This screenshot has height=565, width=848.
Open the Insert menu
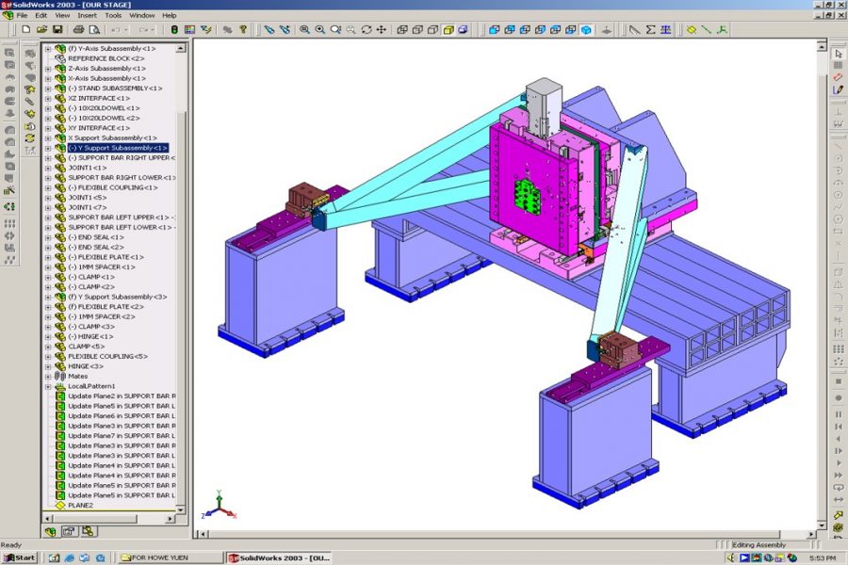click(x=88, y=16)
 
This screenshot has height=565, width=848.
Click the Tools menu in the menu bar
click(x=113, y=16)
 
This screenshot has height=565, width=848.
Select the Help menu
click(x=170, y=16)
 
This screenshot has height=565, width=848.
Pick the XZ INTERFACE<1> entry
click(x=99, y=98)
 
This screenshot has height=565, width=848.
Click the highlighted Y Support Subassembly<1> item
click(x=118, y=148)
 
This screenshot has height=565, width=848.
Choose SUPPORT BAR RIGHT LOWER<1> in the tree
click(x=122, y=177)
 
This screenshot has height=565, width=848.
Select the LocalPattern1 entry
click(x=91, y=386)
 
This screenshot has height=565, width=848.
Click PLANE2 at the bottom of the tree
click(x=80, y=505)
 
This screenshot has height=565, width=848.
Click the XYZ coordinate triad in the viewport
click(x=217, y=507)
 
